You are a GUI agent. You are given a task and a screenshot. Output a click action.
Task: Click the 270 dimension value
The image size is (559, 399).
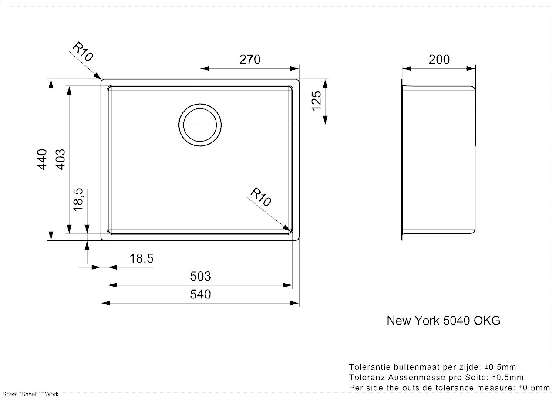[250, 59]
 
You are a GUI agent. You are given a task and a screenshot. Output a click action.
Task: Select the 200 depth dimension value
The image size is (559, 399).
[439, 59]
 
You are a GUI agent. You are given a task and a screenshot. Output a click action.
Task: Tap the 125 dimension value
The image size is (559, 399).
[316, 101]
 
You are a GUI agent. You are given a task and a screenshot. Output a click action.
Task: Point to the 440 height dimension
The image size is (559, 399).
[42, 159]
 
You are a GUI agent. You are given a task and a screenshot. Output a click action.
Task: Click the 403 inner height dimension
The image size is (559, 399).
[60, 159]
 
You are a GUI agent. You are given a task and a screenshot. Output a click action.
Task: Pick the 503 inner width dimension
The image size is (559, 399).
[200, 276]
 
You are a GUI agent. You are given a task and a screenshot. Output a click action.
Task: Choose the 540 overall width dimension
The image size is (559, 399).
[200, 294]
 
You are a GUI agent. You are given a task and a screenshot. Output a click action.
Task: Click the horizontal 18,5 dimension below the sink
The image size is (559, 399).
[141, 258]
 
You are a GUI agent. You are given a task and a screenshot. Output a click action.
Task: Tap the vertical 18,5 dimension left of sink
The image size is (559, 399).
[78, 199]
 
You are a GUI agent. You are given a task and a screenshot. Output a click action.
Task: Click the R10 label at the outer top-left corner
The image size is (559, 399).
[83, 52]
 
